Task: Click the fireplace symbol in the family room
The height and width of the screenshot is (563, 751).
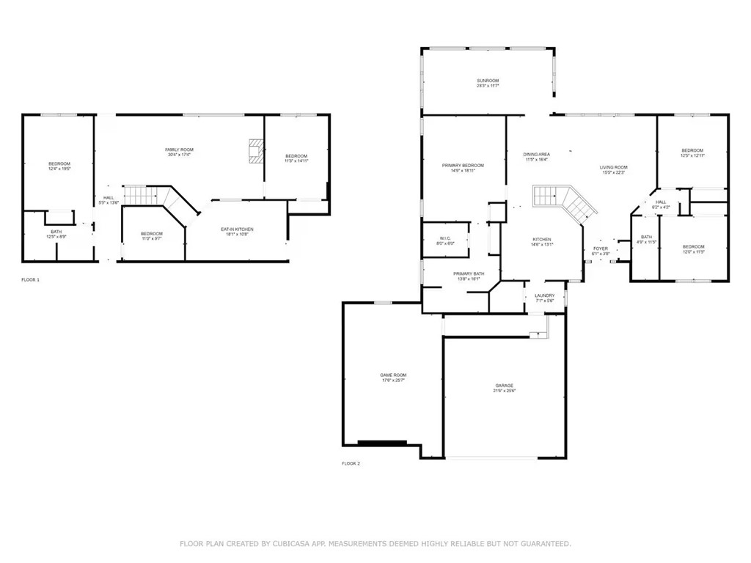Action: click(x=255, y=150)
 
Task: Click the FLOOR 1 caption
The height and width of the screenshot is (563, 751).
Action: click(x=30, y=280)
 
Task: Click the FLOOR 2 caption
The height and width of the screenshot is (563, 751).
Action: click(x=351, y=463)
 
